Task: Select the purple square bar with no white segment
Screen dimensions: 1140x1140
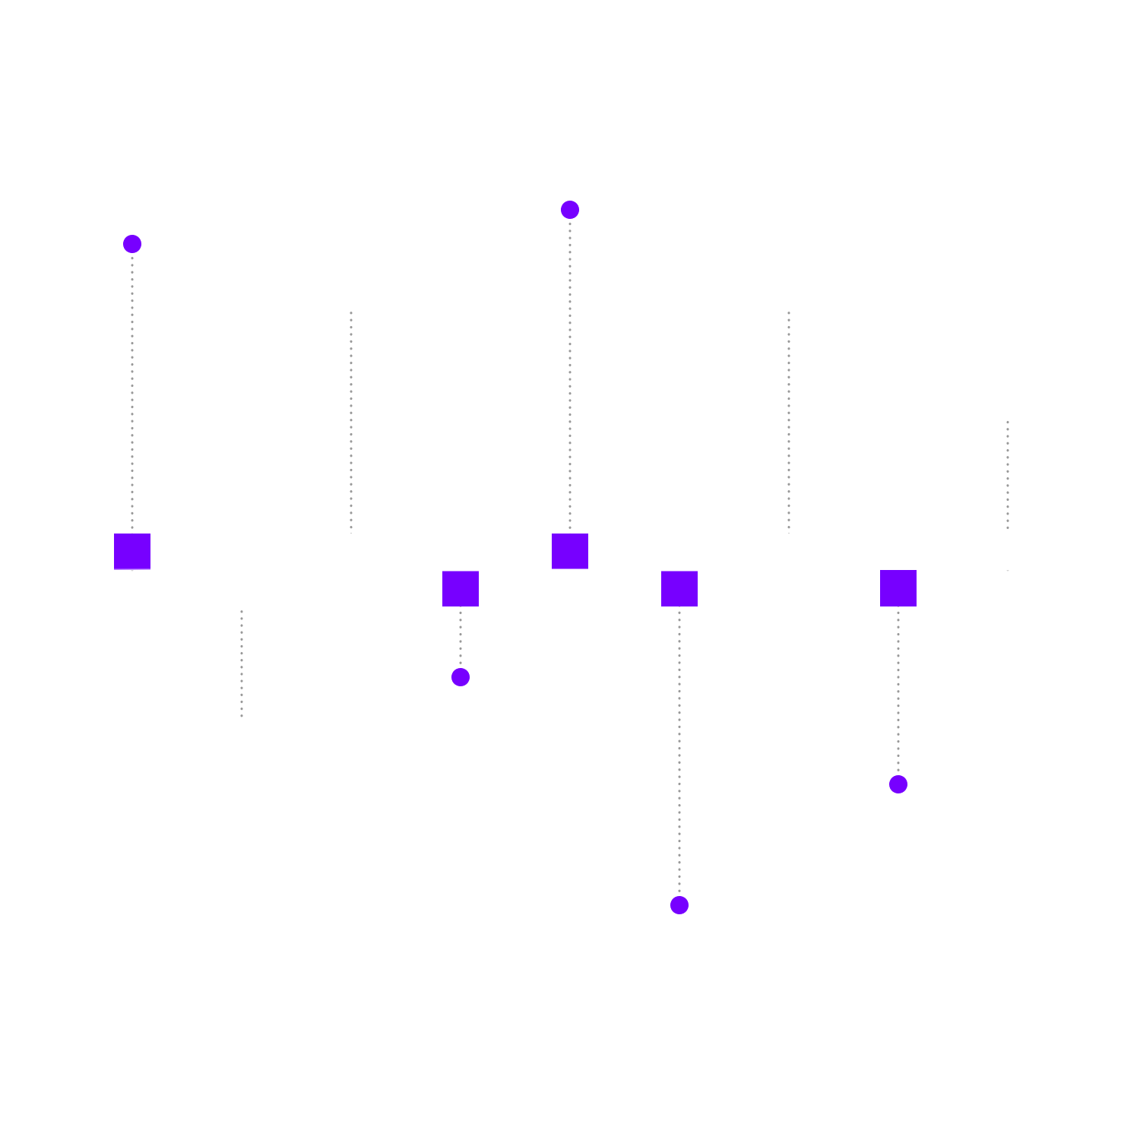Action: point(461,588)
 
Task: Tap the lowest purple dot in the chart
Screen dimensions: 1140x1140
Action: point(679,905)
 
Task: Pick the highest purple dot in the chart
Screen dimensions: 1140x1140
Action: point(570,210)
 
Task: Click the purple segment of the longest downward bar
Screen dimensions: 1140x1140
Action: point(679,588)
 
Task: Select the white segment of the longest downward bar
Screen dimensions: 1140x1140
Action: point(679,660)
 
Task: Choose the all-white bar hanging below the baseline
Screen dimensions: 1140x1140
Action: point(242,606)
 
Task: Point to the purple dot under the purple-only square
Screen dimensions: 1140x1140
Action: point(461,677)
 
